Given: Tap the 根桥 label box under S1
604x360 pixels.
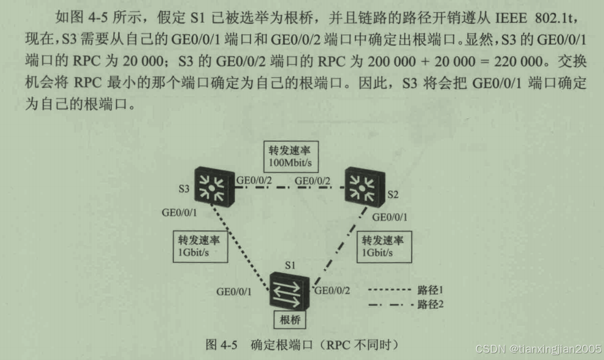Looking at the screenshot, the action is [288, 319].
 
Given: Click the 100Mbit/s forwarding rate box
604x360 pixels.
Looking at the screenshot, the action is [290, 157].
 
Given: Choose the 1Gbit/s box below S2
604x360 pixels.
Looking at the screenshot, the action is [381, 245].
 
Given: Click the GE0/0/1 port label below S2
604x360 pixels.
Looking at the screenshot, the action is [389, 217].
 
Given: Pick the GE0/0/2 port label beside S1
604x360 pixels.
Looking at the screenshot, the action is [332, 290].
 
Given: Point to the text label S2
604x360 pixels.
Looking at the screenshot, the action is [393, 195].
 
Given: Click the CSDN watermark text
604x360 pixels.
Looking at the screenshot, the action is [539, 350].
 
